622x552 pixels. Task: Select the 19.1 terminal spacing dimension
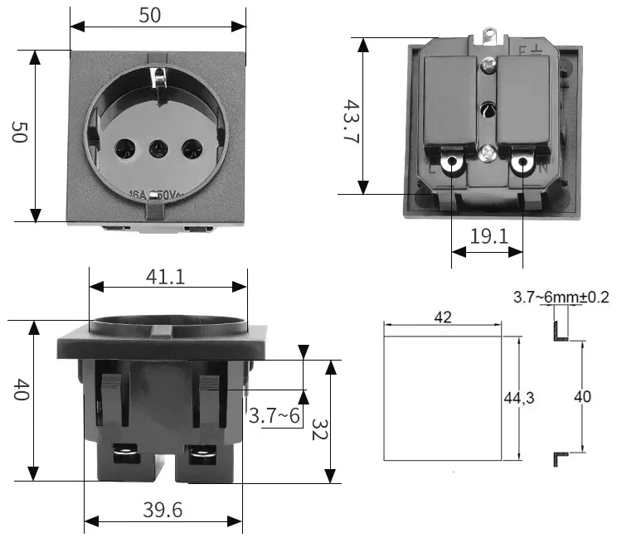point(488,236)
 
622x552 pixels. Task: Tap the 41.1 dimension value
point(165,276)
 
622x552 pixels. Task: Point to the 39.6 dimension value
point(163,511)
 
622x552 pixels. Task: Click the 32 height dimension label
point(320,429)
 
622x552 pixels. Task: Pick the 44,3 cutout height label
point(519,398)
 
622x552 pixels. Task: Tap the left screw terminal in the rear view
point(453,164)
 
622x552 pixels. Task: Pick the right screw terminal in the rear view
point(522,164)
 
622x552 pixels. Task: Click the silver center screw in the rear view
point(488,153)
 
